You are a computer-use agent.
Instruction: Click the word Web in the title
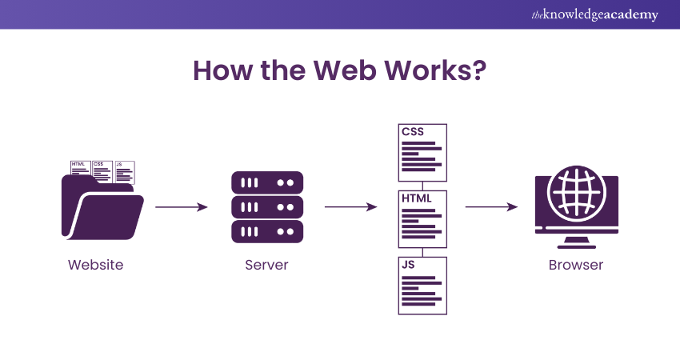pos(346,70)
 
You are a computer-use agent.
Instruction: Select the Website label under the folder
pos(96,265)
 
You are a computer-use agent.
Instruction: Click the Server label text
pos(266,265)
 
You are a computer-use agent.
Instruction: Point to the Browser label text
pos(576,265)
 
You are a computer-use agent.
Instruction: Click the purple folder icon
pos(100,208)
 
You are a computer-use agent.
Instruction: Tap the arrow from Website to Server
pos(182,207)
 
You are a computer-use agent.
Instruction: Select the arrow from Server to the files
pos(350,207)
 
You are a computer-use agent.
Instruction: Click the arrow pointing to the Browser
pos(491,207)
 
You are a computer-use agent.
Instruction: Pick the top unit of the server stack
pos(267,182)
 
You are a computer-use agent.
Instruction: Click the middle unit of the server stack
pos(267,207)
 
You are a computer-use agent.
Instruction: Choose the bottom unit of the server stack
pos(267,232)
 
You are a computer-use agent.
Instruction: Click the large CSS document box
pos(422,152)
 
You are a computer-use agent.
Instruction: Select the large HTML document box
pos(422,218)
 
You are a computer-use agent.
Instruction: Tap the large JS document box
pos(422,285)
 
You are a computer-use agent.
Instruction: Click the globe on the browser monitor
pos(575,194)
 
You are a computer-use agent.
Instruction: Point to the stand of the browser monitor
pos(575,242)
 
